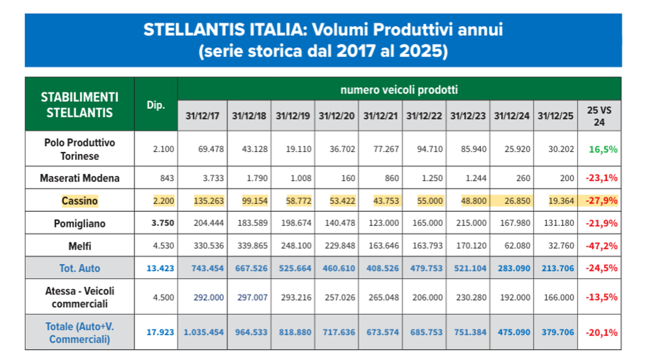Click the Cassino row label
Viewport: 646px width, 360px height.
pyautogui.click(x=80, y=201)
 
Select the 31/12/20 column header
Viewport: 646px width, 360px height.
pyautogui.click(x=337, y=115)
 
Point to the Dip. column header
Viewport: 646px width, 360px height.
pyautogui.click(x=156, y=105)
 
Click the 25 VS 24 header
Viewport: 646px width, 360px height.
pyautogui.click(x=599, y=116)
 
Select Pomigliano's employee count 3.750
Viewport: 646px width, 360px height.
pyautogui.click(x=162, y=223)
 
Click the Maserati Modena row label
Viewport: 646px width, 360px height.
pyautogui.click(x=80, y=178)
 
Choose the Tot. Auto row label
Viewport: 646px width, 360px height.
pyautogui.click(x=80, y=268)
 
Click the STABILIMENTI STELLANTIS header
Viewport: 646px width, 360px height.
pyautogui.click(x=80, y=105)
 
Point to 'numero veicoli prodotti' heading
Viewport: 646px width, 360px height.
pyautogui.click(x=399, y=89)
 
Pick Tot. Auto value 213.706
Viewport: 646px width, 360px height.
pyautogui.click(x=556, y=268)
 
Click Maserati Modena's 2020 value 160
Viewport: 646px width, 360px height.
pyautogui.click(x=348, y=178)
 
